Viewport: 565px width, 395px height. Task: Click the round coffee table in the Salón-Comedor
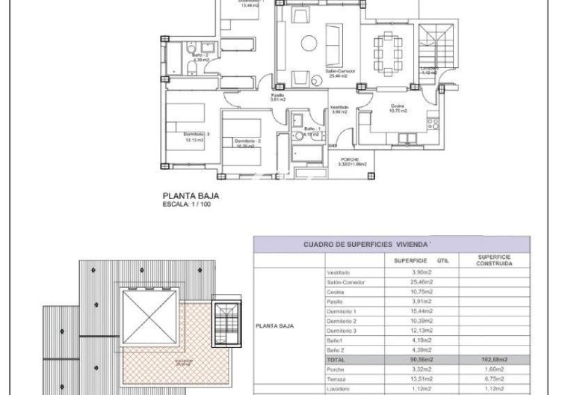(309, 43)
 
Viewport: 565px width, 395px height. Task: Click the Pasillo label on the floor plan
(277, 97)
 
